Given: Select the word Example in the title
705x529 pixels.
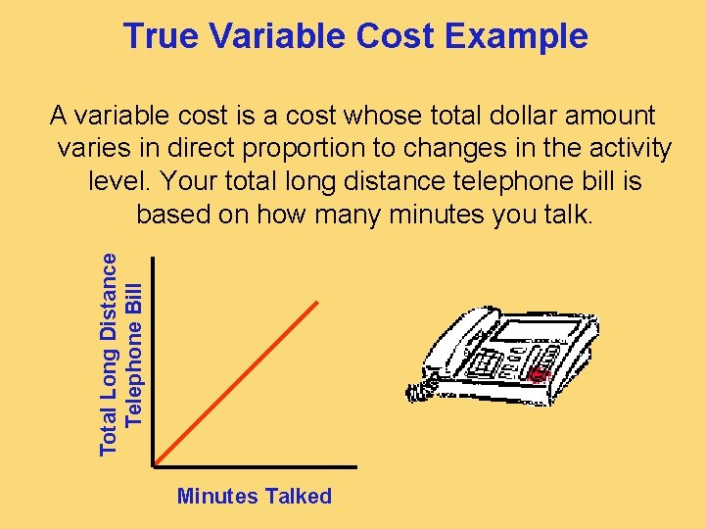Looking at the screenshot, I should point(516,36).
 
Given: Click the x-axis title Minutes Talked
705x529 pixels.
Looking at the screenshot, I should point(255,497).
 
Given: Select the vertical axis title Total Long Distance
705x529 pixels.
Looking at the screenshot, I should point(111,354).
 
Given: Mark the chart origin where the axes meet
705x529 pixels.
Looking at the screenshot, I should point(154,464).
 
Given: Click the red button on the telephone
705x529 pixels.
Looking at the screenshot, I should point(536,373).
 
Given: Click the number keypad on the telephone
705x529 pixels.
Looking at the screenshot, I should point(485,363).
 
